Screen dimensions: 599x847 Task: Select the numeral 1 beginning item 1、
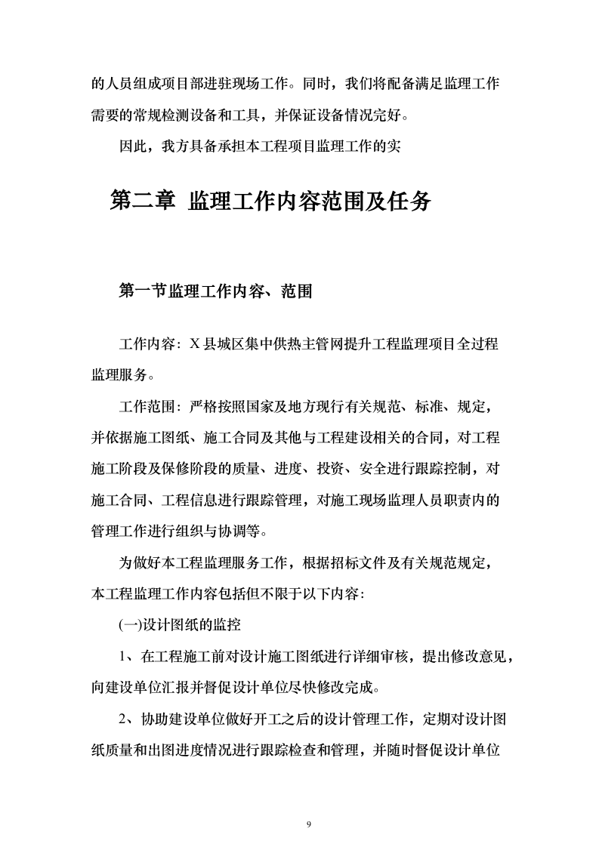tap(123, 656)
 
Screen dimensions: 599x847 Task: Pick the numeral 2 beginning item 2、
tap(123, 719)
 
